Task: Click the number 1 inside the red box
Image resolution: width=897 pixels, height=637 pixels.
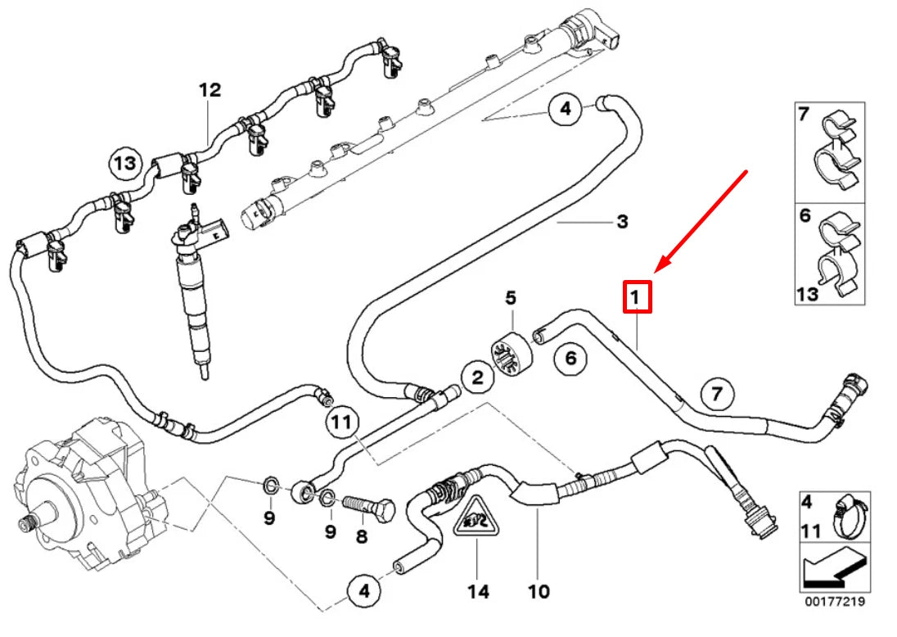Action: [638, 296]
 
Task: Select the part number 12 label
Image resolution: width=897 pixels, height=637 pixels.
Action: [210, 90]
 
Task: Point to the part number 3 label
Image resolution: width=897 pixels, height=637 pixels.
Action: [622, 221]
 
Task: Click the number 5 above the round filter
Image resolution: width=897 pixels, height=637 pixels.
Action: [511, 299]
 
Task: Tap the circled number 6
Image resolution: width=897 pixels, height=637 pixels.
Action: [570, 358]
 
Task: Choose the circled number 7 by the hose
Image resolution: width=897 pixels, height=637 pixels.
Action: [716, 395]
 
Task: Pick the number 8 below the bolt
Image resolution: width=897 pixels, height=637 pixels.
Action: [362, 537]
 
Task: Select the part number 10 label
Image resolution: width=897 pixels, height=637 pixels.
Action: [539, 590]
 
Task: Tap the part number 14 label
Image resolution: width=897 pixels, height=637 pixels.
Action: [478, 590]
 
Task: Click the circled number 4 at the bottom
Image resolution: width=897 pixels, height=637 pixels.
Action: [363, 590]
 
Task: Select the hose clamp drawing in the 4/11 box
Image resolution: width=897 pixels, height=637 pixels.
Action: [848, 517]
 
